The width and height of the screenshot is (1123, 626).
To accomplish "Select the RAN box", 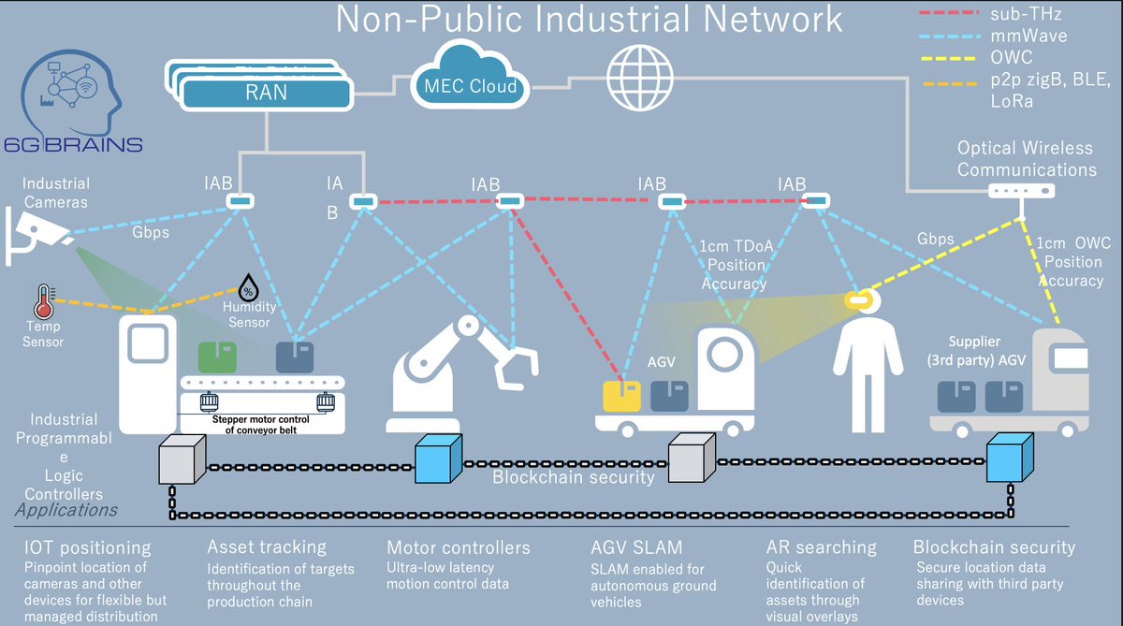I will pyautogui.click(x=266, y=93).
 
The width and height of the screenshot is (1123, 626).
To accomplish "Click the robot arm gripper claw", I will pyautogui.click(x=514, y=366).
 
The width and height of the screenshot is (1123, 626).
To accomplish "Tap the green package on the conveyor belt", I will pyautogui.click(x=216, y=357).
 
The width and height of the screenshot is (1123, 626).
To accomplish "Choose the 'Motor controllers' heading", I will pyautogui.click(x=458, y=547).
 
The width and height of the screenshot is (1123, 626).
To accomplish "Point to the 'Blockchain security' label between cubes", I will pyautogui.click(x=574, y=478).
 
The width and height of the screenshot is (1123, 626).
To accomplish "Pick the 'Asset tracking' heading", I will pyautogui.click(x=267, y=547).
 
